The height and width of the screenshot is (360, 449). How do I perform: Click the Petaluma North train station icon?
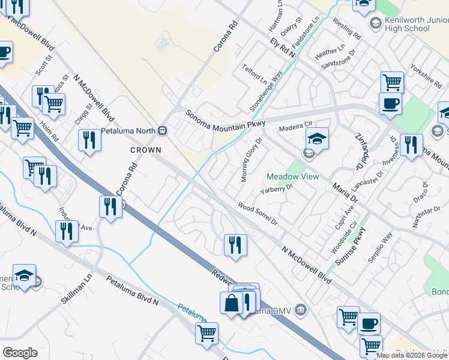[162, 130]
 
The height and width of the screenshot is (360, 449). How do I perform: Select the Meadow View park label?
[293, 176]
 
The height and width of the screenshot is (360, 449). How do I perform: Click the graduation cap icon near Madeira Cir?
[317, 139]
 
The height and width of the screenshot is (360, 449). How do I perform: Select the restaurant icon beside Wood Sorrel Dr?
[235, 244]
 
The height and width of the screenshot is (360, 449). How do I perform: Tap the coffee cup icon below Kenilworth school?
[390, 103]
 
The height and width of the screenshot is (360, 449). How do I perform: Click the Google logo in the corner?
[20, 353]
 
